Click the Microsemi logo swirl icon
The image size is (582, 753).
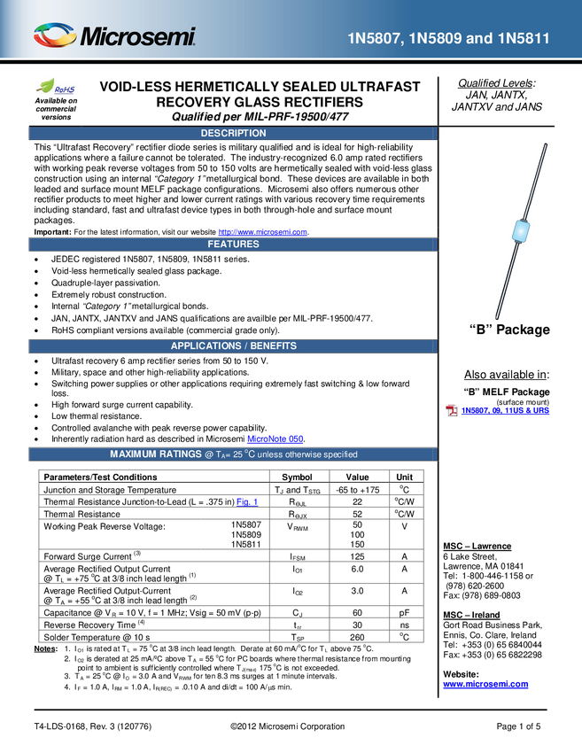click(x=55, y=35)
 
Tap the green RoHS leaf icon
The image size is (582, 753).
click(x=45, y=85)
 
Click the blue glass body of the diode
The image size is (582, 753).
click(x=521, y=230)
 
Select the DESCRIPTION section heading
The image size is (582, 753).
click(x=233, y=133)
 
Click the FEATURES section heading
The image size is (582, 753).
click(x=233, y=244)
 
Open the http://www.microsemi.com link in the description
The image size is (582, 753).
click(x=263, y=232)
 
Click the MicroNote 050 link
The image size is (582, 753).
click(x=275, y=439)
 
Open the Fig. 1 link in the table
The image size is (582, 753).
click(x=247, y=501)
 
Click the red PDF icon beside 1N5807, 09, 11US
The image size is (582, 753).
click(x=452, y=410)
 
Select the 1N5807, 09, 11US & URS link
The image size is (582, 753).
click(x=505, y=410)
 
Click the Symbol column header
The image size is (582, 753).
click(x=297, y=477)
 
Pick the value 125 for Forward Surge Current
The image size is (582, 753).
click(x=357, y=556)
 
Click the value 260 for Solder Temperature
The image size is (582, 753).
click(x=357, y=637)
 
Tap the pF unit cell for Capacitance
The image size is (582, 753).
click(x=404, y=613)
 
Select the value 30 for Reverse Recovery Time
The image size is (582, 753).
click(x=357, y=625)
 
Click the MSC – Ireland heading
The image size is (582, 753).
click(x=471, y=615)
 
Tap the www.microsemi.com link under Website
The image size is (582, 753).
click(x=485, y=684)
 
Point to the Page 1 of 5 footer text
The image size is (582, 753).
click(x=518, y=726)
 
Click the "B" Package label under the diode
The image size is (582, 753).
click(x=509, y=330)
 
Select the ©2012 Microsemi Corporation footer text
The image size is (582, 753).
click(x=287, y=726)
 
